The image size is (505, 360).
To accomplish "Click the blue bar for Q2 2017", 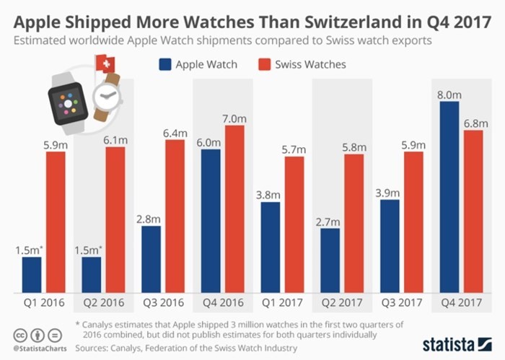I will (328, 260).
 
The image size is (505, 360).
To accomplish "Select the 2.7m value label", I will (328, 219).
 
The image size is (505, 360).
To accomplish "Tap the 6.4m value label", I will (175, 133).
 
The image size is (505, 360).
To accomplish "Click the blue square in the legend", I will (165, 64).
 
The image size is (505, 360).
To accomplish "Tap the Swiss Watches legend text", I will (309, 64).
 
